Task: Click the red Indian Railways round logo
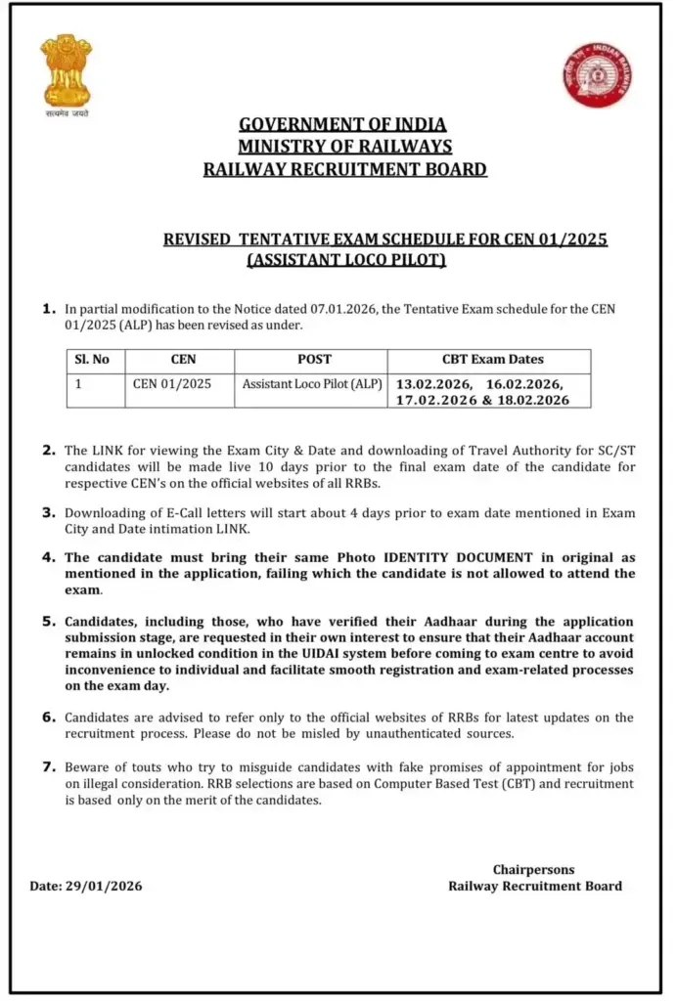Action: [596, 75]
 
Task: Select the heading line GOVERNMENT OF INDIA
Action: [343, 124]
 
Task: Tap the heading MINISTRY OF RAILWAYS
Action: [344, 147]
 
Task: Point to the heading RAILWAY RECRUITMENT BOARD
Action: [344, 169]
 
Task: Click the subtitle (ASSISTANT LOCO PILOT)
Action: [346, 259]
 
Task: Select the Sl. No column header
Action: [93, 360]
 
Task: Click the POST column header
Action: [313, 360]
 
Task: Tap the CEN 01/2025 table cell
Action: [171, 384]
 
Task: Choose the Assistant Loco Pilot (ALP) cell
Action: [312, 384]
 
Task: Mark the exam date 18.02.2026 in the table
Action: [533, 401]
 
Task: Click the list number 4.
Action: [48, 556]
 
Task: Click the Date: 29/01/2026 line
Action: [86, 886]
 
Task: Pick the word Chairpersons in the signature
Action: [534, 869]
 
